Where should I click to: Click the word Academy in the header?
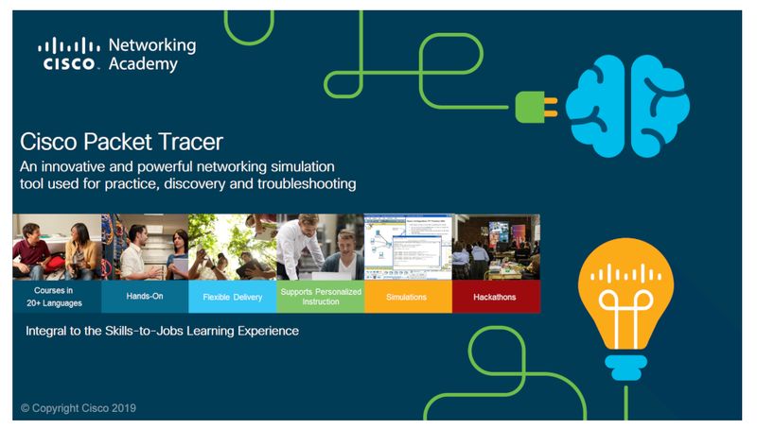point(141,64)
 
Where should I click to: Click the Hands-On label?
point(144,296)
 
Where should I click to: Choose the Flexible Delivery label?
point(232,297)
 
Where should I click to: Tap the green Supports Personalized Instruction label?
point(321,296)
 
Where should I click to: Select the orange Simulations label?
point(408,297)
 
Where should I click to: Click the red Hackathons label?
point(496,297)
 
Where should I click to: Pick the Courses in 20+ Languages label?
point(56,296)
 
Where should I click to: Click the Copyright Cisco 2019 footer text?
point(80,408)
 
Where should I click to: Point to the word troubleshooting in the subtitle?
point(302,183)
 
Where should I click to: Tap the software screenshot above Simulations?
point(408,247)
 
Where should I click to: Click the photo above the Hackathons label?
point(496,247)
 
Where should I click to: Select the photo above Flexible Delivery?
point(232,247)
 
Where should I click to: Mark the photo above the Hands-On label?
point(144,247)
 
